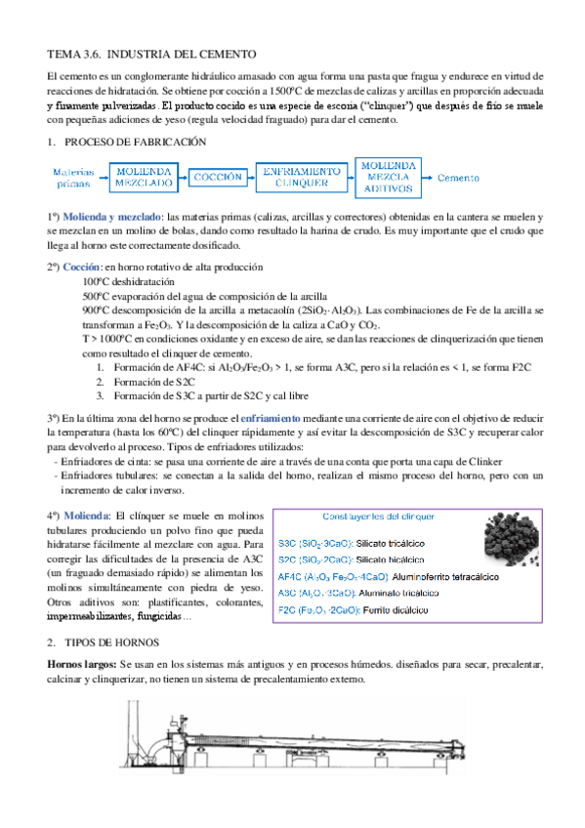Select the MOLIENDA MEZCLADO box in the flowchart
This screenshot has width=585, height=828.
coord(144,177)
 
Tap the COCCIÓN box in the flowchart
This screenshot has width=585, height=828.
coord(219,177)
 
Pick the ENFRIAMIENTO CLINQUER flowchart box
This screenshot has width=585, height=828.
coord(302,177)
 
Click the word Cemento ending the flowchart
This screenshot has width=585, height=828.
coord(459,178)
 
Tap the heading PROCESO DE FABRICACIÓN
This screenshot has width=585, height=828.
coord(134,142)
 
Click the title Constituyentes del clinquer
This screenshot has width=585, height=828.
coord(378,516)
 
